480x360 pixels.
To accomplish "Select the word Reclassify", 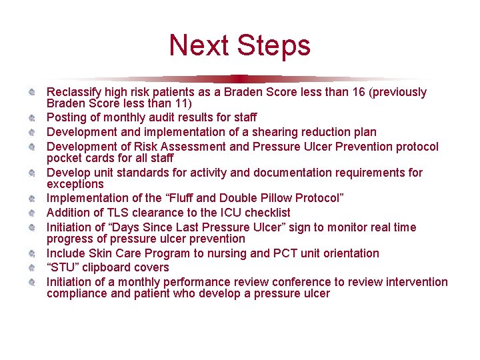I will (x=74, y=92).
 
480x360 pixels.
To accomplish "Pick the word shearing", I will (x=273, y=132).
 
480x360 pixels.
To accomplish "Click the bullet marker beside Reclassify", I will (x=31, y=92).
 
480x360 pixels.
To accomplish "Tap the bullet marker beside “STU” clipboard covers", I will (x=31, y=268).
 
